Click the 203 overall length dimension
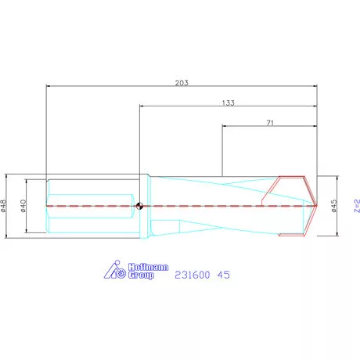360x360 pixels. pyautogui.click(x=181, y=81)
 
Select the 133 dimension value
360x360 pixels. pyautogui.click(x=228, y=102)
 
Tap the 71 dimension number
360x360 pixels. pyautogui.click(x=270, y=123)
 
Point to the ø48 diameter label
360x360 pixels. pyautogui.click(x=5, y=204)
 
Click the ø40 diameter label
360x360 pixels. pyautogui.click(x=24, y=204)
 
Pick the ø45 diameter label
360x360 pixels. pyautogui.click(x=334, y=205)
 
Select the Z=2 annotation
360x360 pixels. pyautogui.click(x=355, y=205)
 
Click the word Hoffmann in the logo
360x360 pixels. pyautogui.click(x=146, y=268)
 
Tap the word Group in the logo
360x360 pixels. pyautogui.click(x=142, y=276)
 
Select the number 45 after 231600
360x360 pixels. pyautogui.click(x=223, y=275)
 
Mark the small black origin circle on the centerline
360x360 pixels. pyautogui.click(x=139, y=207)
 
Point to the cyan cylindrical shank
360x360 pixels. pyautogui.click(x=86, y=205)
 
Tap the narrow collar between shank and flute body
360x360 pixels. pyautogui.click(x=144, y=205)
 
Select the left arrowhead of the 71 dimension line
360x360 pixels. pyautogui.click(x=225, y=127)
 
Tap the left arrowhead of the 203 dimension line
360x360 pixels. pyautogui.click(x=49, y=85)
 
